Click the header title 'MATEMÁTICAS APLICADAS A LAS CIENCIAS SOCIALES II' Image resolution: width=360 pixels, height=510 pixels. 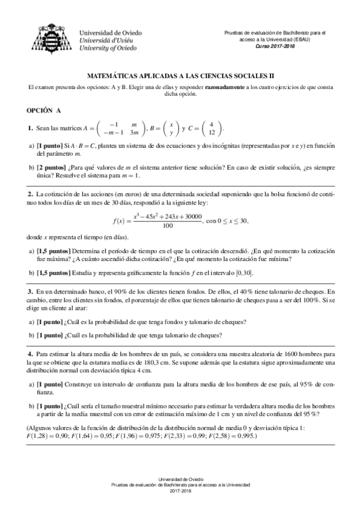coord(180,77)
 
